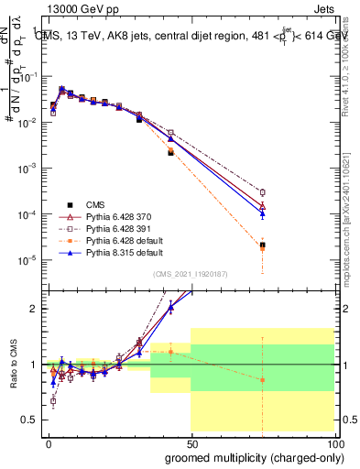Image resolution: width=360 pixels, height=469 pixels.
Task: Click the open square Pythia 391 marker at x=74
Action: pyautogui.click(x=262, y=192)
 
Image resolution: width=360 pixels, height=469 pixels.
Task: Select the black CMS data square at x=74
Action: pyautogui.click(x=262, y=245)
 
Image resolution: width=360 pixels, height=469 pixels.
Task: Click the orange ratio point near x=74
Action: pyautogui.click(x=262, y=379)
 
